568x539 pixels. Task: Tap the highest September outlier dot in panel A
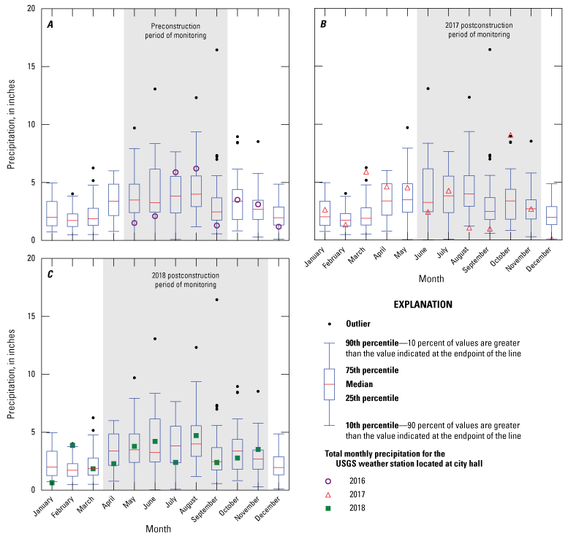tap(216, 50)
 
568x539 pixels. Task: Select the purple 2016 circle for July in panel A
tap(175, 172)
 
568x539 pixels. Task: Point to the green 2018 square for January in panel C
tap(52, 483)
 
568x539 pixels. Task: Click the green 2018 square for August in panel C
tap(196, 435)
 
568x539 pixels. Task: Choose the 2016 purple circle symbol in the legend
tap(328, 481)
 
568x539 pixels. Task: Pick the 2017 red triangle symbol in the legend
tap(328, 494)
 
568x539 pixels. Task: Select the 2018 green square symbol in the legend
tap(328, 508)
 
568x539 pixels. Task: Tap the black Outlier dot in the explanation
tap(328, 324)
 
